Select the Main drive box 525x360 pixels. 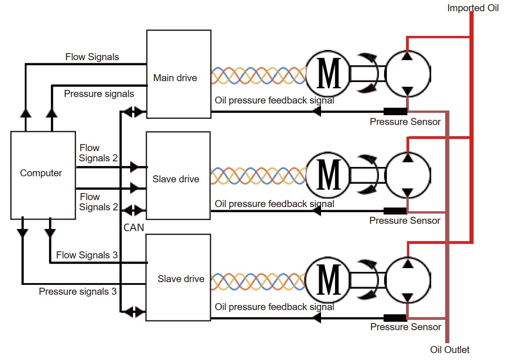click(178, 74)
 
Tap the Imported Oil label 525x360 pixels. click(473, 8)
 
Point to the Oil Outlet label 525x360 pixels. click(449, 350)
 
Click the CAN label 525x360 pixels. click(134, 228)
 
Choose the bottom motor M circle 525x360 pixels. click(328, 279)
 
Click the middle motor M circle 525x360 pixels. click(328, 176)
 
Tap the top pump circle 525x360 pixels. click(407, 74)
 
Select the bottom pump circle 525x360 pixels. click(407, 279)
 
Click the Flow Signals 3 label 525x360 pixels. click(87, 255)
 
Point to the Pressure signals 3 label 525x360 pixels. click(77, 291)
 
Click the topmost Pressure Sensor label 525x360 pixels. click(405, 122)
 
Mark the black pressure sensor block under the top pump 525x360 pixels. click(395, 111)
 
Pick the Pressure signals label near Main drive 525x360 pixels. click(99, 94)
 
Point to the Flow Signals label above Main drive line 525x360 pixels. click(92, 57)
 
